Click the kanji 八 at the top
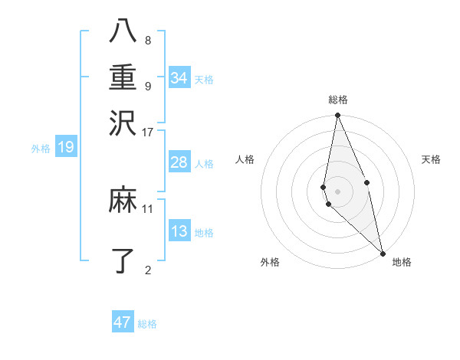(123, 33)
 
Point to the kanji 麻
(123, 201)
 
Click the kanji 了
(123, 260)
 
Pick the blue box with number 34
(179, 78)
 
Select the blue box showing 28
(179, 162)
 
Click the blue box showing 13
(179, 231)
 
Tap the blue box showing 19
(66, 147)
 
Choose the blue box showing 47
(123, 322)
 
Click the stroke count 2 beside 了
(148, 269)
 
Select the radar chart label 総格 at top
(338, 100)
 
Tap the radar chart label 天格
(431, 159)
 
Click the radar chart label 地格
(402, 263)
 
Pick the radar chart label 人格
(245, 159)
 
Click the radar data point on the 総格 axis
(338, 116)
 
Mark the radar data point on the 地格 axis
(382, 252)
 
